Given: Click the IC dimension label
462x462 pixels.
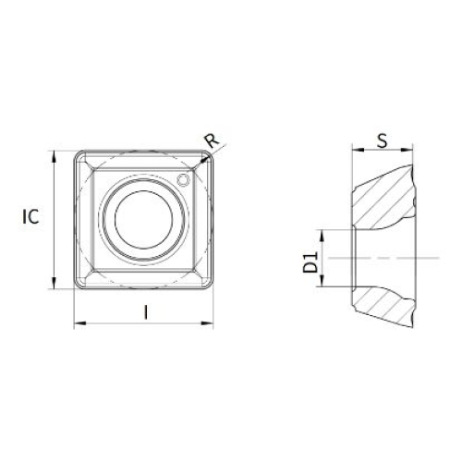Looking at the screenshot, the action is click(x=30, y=216).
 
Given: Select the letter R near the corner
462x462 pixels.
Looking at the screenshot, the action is click(x=213, y=140).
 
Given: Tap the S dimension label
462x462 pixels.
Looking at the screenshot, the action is click(x=383, y=141).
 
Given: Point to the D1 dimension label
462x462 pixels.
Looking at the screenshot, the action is click(x=310, y=261).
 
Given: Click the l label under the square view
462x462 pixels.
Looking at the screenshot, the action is click(x=146, y=311).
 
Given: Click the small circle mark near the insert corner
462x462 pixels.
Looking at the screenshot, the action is click(x=183, y=180).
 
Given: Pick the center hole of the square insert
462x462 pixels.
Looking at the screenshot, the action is click(x=144, y=219).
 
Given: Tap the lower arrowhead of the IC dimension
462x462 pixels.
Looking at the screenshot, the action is click(x=55, y=283).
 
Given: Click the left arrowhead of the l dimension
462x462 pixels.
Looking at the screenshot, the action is click(x=80, y=323).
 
